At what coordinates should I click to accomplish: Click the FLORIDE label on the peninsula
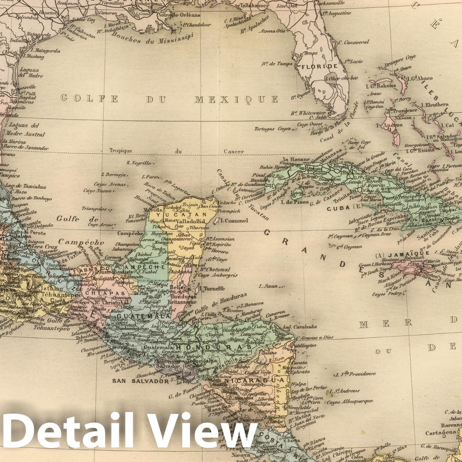coord(319,66)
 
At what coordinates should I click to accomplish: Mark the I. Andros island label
coord(389,125)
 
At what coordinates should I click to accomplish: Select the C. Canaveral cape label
coord(353,42)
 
